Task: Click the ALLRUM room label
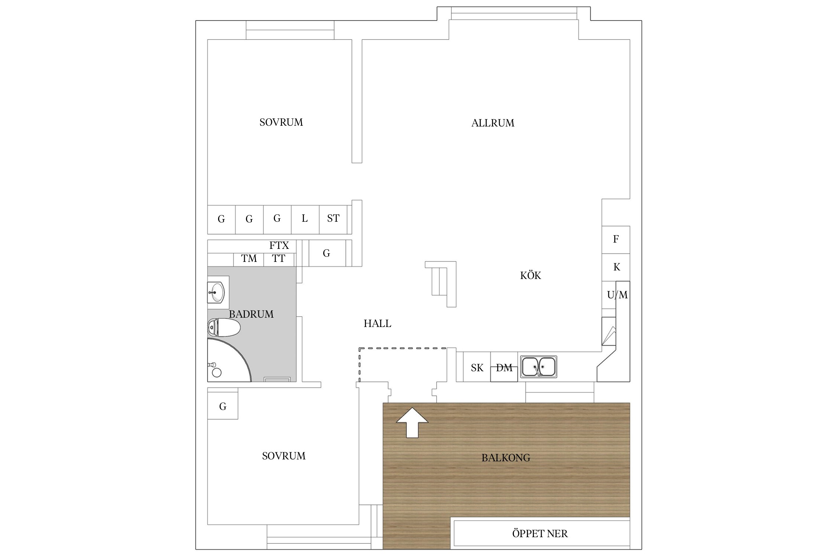pos(493,123)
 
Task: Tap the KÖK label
pos(531,275)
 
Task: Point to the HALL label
pos(377,324)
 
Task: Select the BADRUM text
pos(251,314)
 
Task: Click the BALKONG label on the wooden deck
pos(506,458)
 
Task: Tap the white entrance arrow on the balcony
pos(412,423)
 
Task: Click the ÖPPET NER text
pos(540,534)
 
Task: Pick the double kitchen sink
pos(538,367)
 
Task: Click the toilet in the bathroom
pos(224,328)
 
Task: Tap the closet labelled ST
pos(333,219)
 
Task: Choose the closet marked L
pos(305,219)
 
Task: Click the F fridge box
pos(616,240)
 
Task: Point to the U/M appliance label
pos(617,295)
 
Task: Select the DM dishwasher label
pos(504,368)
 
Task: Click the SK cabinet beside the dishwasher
pos(477,367)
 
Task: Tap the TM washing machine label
pos(249,258)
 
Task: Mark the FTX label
pos(279,246)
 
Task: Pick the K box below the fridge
pos(616,267)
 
